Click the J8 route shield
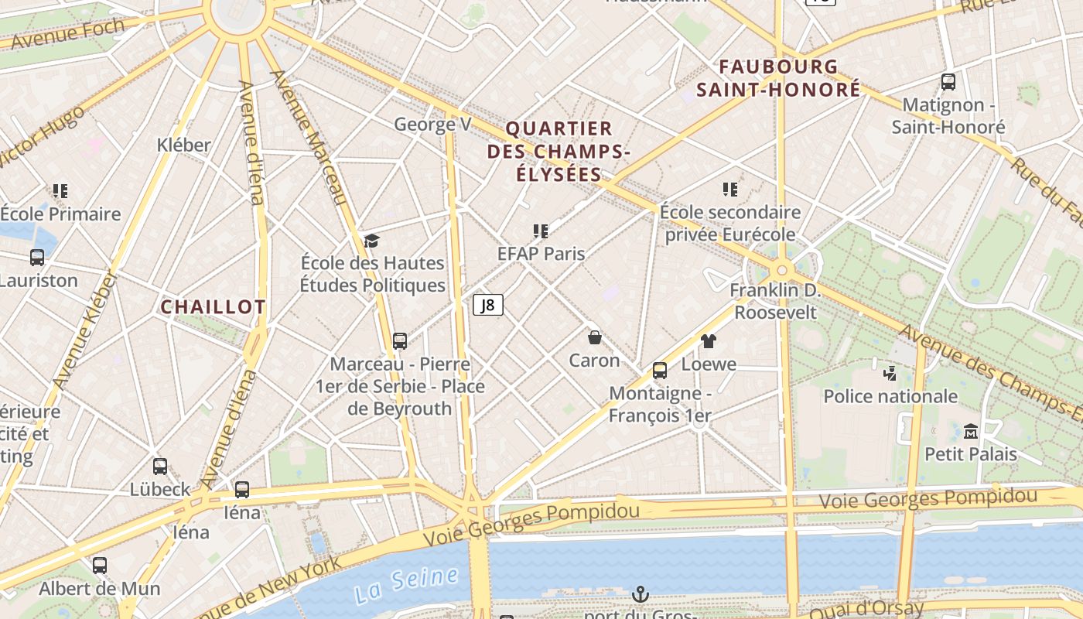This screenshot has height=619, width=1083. pyautogui.click(x=488, y=305)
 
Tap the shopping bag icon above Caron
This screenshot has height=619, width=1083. pyautogui.click(x=595, y=337)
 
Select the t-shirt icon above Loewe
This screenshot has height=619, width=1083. pyautogui.click(x=709, y=340)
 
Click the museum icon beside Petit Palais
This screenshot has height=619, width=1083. pyautogui.click(x=971, y=431)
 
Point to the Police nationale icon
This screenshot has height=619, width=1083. pyautogui.click(x=890, y=373)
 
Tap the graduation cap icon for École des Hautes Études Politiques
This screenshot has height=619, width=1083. pyautogui.click(x=372, y=241)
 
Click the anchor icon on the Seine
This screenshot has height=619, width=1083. pyautogui.click(x=640, y=594)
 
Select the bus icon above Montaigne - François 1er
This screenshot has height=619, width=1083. pyautogui.click(x=660, y=371)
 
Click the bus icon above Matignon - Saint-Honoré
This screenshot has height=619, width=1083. pyautogui.click(x=948, y=81)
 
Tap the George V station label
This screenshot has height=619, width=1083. pyautogui.click(x=432, y=124)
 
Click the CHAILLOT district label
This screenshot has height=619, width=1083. pyautogui.click(x=213, y=307)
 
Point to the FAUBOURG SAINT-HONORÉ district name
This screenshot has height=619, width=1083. pyautogui.click(x=778, y=78)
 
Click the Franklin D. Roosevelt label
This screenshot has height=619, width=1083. pyautogui.click(x=775, y=301)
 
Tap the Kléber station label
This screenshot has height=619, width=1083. pyautogui.click(x=183, y=145)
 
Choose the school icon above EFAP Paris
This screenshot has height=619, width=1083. pyautogui.click(x=541, y=231)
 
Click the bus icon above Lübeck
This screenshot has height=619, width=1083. pyautogui.click(x=160, y=467)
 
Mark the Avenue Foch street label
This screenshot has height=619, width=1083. pyautogui.click(x=68, y=33)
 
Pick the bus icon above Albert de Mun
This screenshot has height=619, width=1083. pyautogui.click(x=100, y=566)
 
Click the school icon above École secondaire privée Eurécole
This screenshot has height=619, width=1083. pyautogui.click(x=729, y=190)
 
